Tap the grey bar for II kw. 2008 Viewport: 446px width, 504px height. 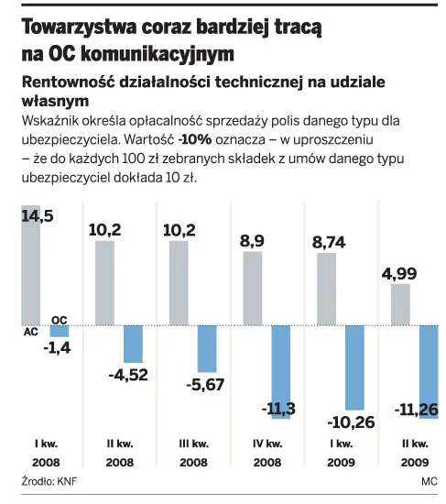click(x=104, y=282)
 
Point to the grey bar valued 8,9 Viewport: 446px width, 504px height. click(x=252, y=288)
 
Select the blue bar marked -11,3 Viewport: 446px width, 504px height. click(x=281, y=371)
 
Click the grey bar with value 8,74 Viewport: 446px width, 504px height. click(x=326, y=289)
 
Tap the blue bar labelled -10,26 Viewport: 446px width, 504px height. click(x=355, y=367)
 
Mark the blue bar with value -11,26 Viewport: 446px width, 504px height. click(x=429, y=371)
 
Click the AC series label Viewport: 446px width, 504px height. click(x=28, y=334)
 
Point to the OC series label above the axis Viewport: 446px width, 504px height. click(x=60, y=318)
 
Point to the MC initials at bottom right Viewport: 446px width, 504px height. click(x=430, y=479)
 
